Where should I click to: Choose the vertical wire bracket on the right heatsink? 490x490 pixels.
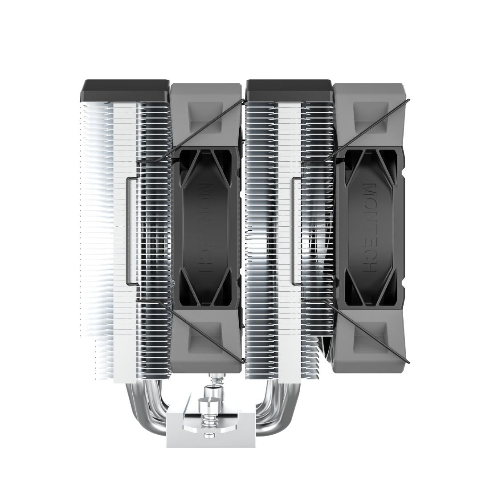pos(293,229)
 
